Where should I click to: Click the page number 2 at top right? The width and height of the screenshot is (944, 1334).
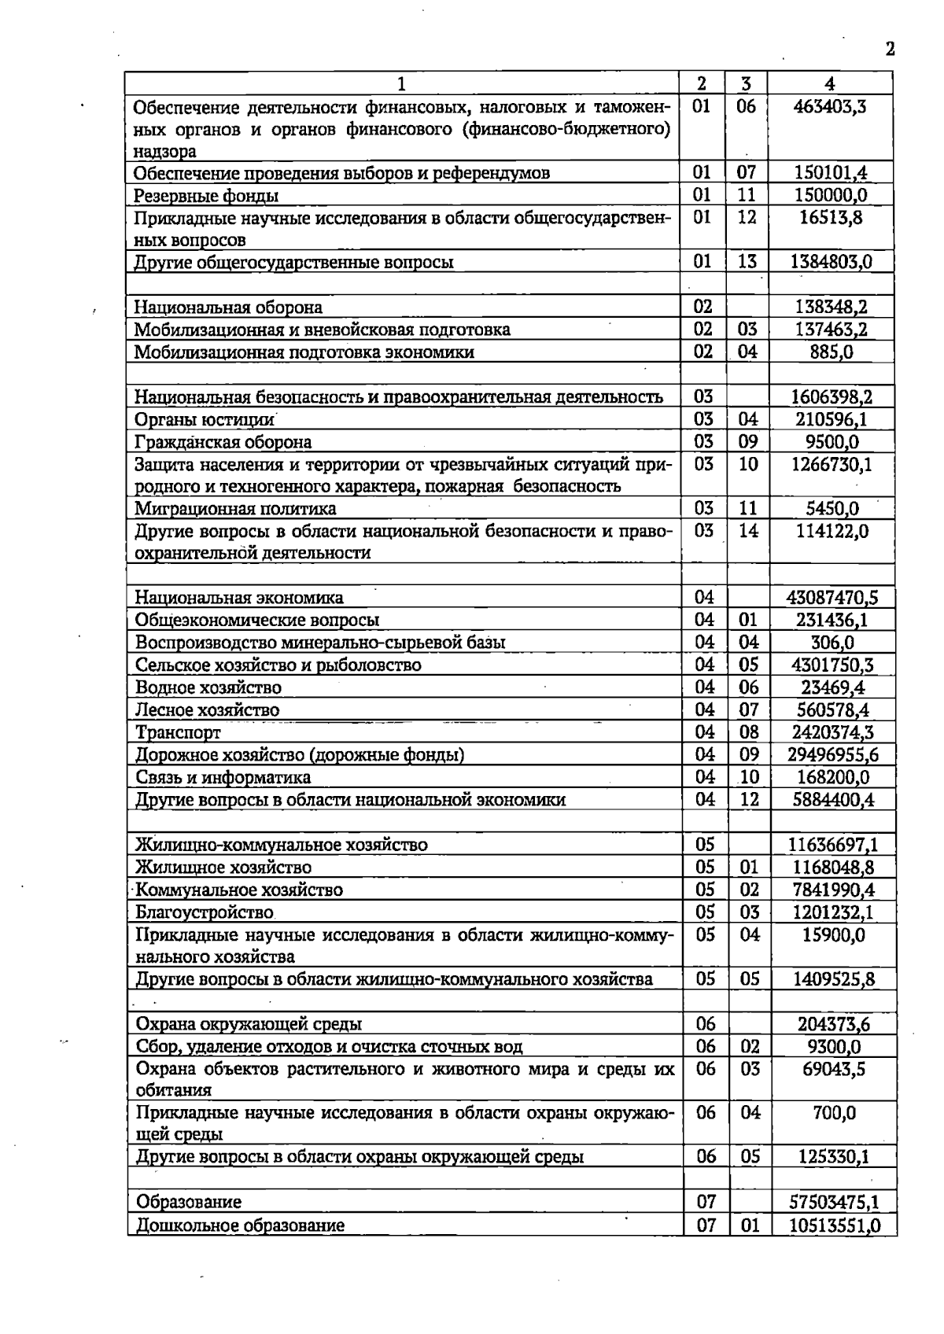pos(890,50)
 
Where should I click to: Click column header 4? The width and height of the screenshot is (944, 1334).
pos(830,83)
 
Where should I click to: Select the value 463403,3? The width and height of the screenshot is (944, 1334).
pos(830,106)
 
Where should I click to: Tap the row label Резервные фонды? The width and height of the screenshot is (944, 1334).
pos(206,196)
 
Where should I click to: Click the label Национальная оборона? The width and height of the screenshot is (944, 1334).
pos(228,308)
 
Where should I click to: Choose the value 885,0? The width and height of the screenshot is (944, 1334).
pos(832,352)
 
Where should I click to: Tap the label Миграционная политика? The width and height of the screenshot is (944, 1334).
pos(236,509)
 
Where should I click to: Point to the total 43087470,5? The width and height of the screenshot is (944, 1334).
pos(832,598)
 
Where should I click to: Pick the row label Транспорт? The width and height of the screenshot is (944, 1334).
pos(179,733)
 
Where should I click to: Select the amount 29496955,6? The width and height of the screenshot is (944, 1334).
pos(832,755)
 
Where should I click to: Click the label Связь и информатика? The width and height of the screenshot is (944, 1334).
pos(223,778)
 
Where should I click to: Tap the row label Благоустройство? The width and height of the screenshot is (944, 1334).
pos(205,913)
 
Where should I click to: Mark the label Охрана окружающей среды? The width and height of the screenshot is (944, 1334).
pos(249,1025)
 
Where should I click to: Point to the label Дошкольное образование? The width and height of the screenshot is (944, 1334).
pos(240,1225)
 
